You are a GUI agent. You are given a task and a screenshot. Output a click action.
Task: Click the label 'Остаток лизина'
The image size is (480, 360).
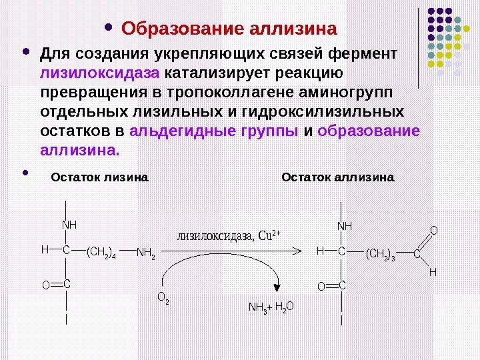(x=99, y=178)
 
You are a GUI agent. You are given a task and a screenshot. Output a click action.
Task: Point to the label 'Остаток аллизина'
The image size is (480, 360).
(x=338, y=178)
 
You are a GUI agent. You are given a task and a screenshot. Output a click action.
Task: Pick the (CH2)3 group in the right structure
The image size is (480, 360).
(x=380, y=254)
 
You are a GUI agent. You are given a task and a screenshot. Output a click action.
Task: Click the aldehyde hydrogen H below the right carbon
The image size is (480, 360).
(x=432, y=273)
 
